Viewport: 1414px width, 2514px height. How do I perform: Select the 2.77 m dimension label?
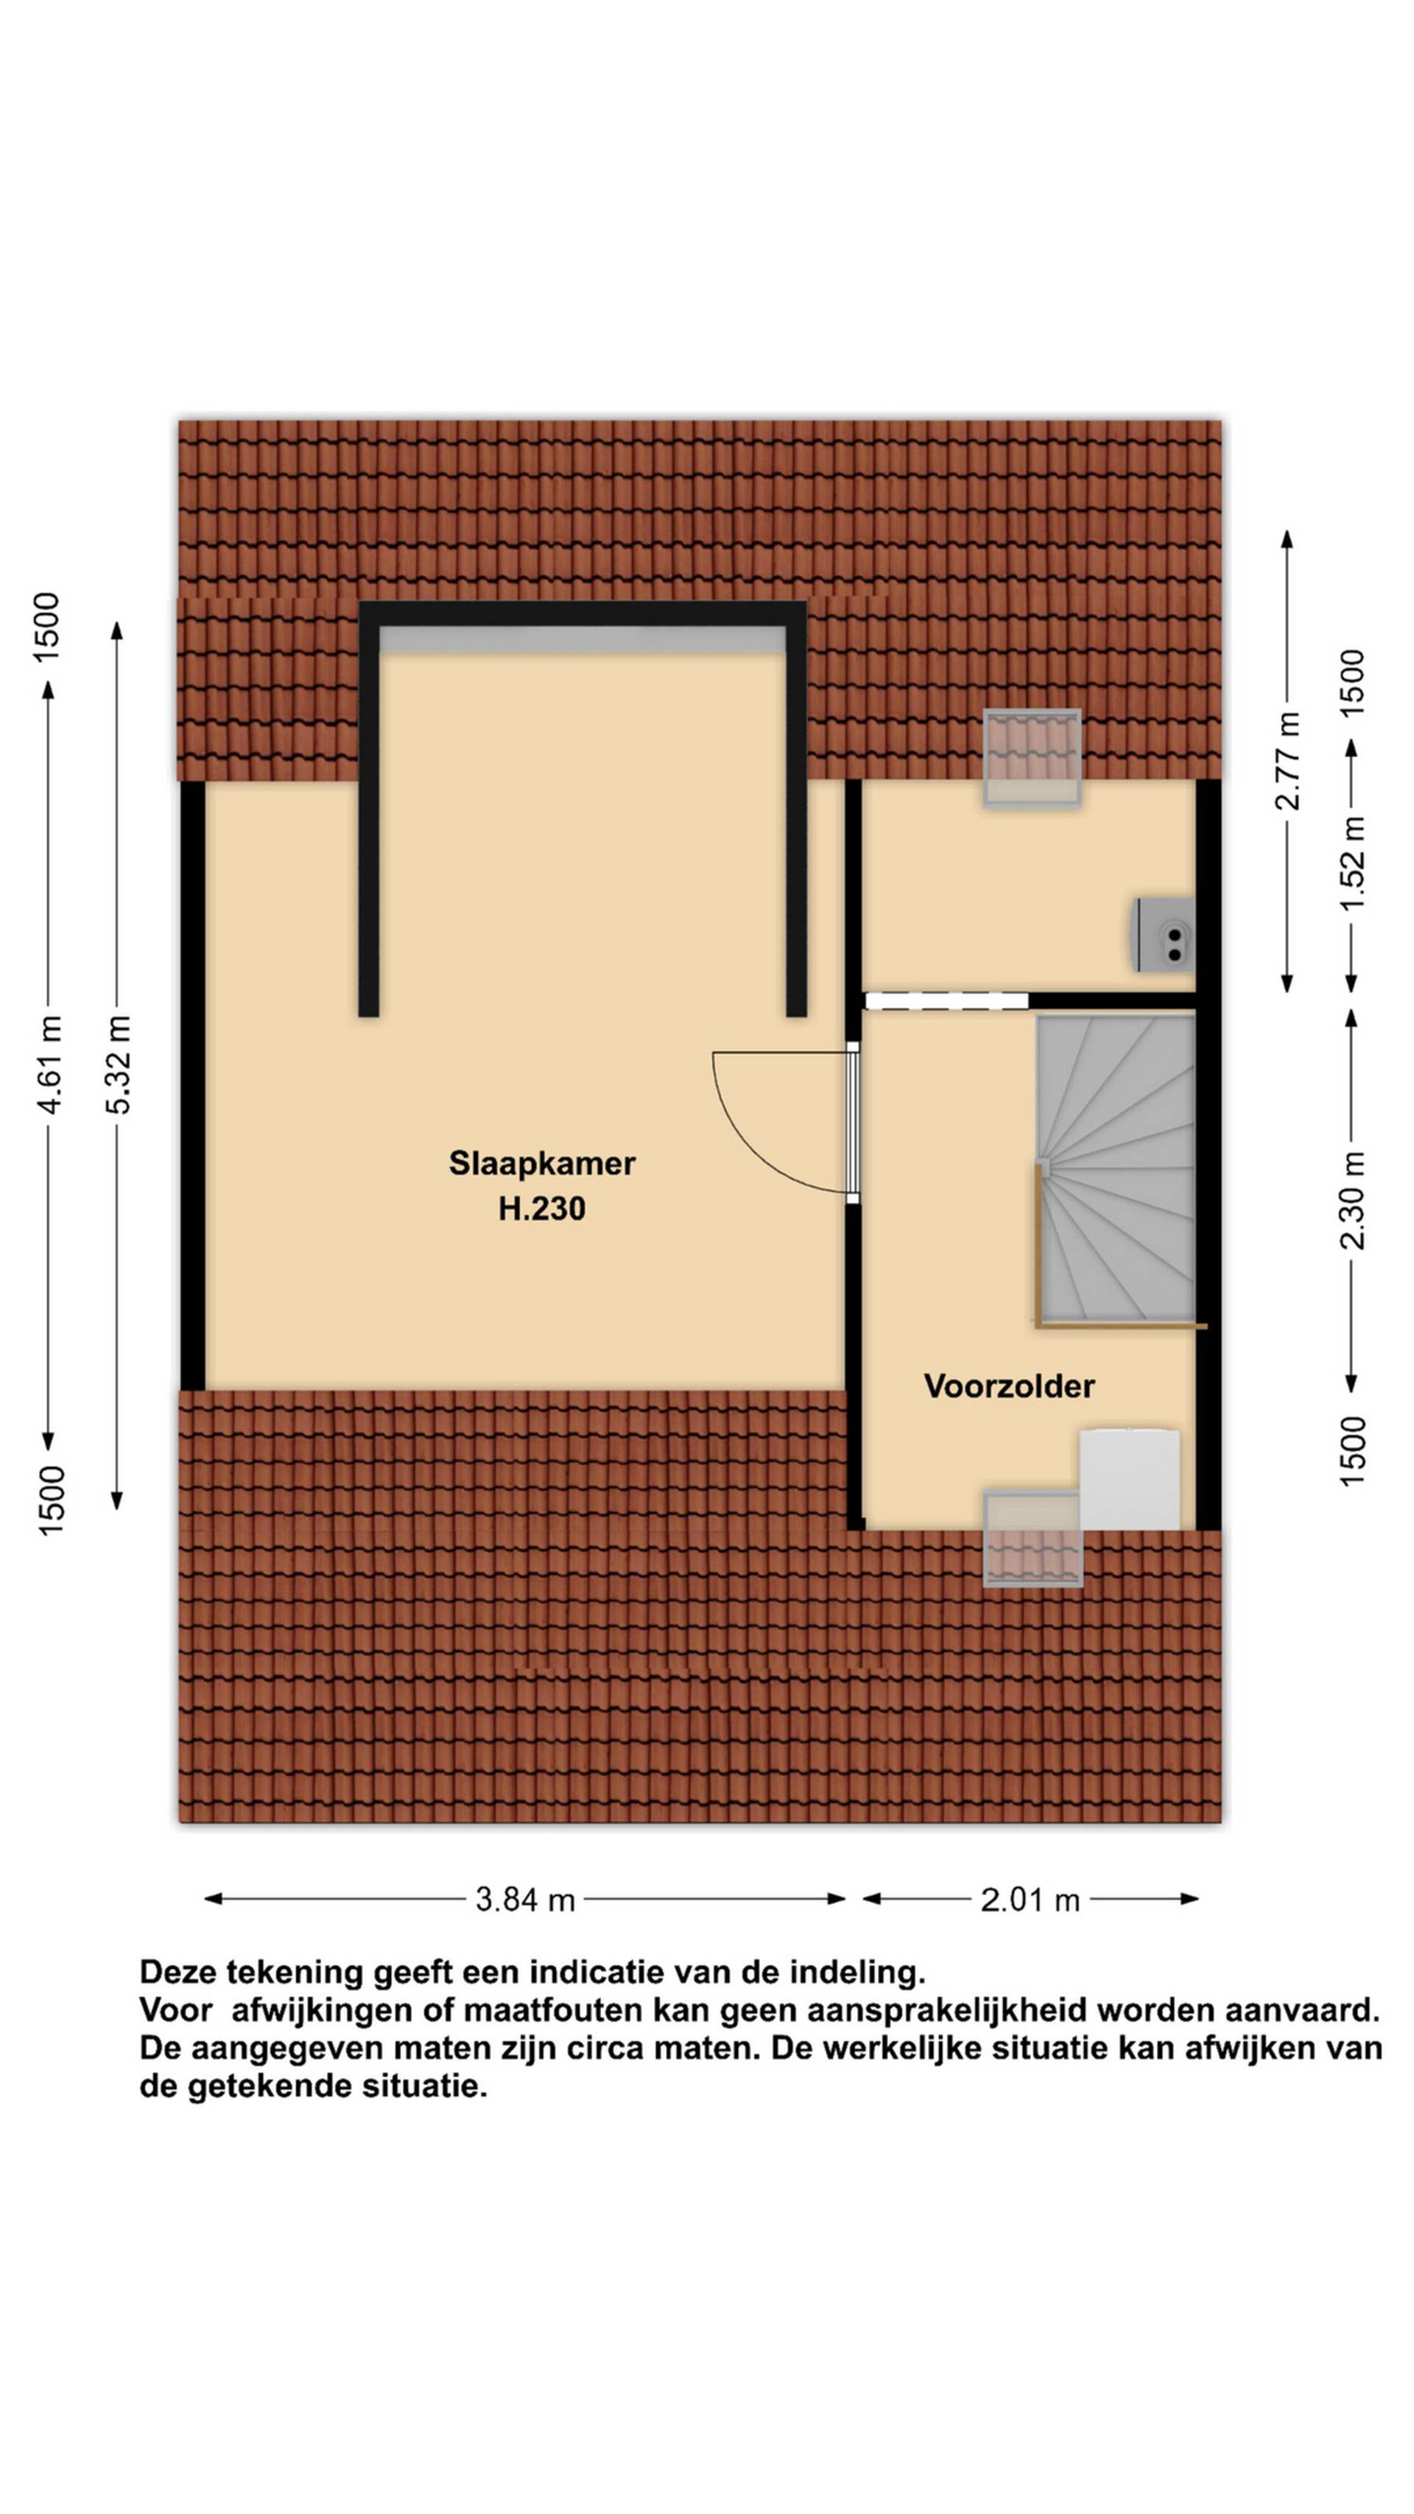[x=1288, y=761]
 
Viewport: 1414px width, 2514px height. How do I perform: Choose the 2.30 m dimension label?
[x=1353, y=1201]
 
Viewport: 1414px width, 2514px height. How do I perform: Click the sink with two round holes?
[x=1163, y=935]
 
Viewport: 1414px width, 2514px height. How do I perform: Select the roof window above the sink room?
[x=1032, y=758]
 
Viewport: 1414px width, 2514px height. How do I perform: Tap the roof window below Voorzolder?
[x=1033, y=1539]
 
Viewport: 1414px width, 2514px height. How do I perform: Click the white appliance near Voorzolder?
[x=1129, y=1480]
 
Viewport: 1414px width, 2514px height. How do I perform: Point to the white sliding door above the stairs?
[x=946, y=1000]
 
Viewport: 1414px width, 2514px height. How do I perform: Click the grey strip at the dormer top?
[x=583, y=639]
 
